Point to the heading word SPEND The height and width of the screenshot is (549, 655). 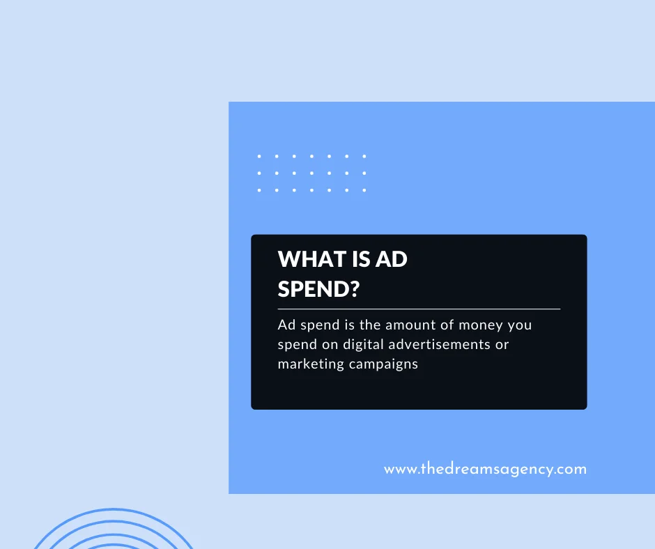pos(310,288)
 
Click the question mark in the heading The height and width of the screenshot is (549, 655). pos(351,288)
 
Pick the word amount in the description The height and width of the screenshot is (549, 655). pos(405,325)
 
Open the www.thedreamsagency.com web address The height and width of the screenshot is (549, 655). pos(485,469)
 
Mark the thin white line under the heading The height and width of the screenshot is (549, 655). pos(419,309)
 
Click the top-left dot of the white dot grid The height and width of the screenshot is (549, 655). pos(259,157)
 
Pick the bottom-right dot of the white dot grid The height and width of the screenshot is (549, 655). pos(364,190)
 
